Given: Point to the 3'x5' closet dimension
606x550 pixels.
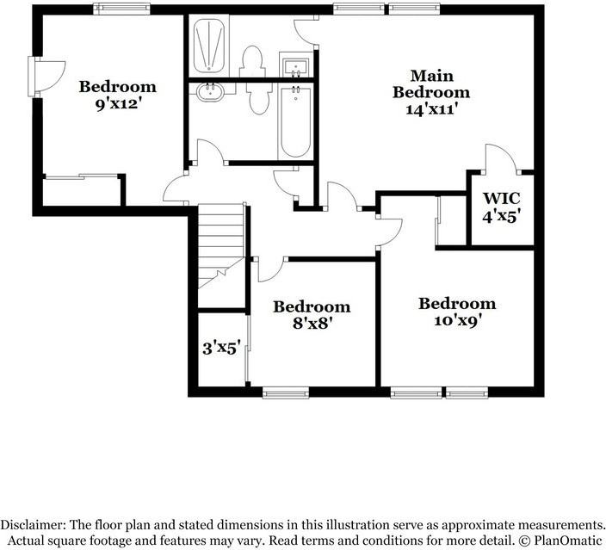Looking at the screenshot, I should [220, 349].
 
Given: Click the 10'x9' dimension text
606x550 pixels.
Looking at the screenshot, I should [457, 320].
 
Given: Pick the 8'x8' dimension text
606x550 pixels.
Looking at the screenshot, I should [312, 324].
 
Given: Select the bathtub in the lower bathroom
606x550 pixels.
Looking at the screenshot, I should [294, 122].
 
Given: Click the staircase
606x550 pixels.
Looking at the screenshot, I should [221, 245].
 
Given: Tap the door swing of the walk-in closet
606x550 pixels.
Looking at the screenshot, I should [501, 158].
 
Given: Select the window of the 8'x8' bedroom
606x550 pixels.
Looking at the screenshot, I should [285, 393].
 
